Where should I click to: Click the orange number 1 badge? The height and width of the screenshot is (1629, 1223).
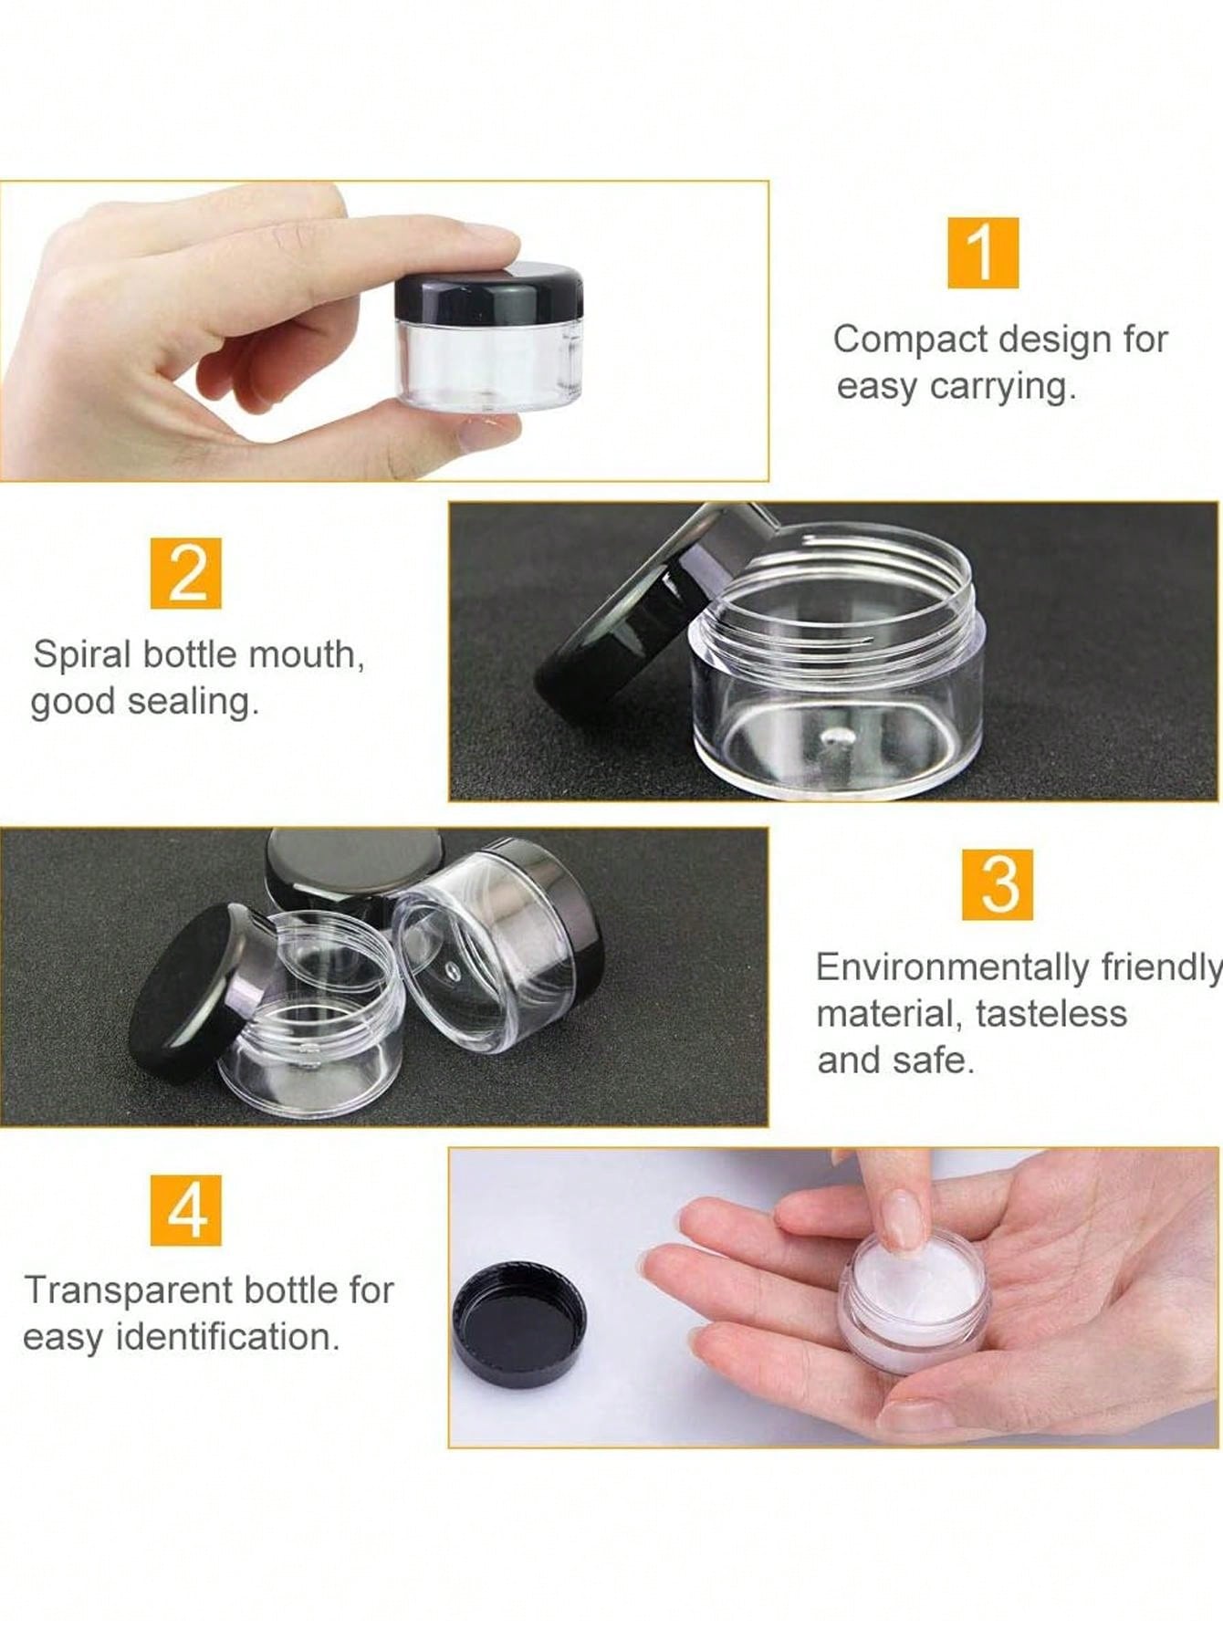[982, 253]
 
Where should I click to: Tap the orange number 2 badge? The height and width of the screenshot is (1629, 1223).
[186, 573]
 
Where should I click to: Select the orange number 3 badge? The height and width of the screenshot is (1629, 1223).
[998, 884]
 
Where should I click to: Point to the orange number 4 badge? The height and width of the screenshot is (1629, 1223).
[186, 1209]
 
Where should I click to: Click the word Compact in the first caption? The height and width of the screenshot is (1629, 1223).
[898, 339]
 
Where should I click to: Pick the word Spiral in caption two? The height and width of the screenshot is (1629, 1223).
[82, 655]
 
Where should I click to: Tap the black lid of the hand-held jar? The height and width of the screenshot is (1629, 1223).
[489, 289]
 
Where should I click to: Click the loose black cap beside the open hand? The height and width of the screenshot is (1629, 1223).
[519, 1325]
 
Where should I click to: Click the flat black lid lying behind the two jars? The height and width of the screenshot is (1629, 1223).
[351, 862]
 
